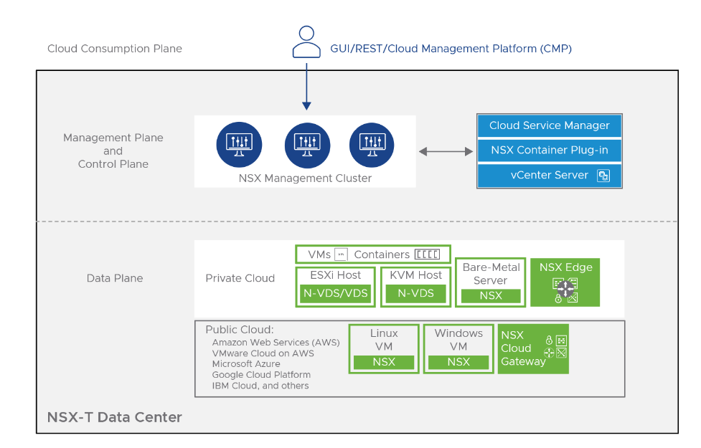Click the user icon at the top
click(306, 42)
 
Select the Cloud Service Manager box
click(549, 125)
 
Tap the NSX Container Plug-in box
click(549, 150)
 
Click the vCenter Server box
click(549, 176)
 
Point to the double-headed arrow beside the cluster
click(446, 151)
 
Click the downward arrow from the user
click(306, 87)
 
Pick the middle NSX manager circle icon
click(307, 146)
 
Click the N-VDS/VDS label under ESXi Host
click(335, 293)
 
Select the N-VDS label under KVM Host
click(415, 293)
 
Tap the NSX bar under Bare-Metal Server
click(491, 296)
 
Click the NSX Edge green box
click(565, 282)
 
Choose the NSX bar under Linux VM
click(384, 362)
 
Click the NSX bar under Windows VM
click(458, 362)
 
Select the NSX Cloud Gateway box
click(533, 349)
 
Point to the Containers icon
click(428, 254)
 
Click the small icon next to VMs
click(341, 254)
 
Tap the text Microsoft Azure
click(246, 364)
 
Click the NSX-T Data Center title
click(115, 417)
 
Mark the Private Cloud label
click(240, 278)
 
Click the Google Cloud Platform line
click(261, 375)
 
